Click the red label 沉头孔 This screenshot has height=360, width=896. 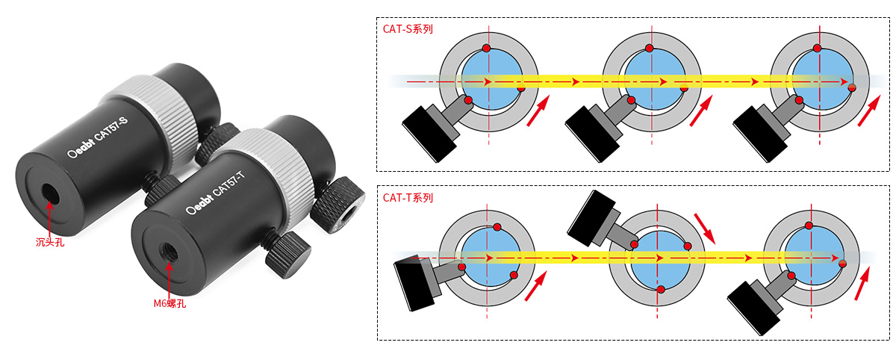(x=50, y=242)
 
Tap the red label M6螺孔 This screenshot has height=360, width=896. (x=169, y=303)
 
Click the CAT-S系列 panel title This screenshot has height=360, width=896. (x=408, y=29)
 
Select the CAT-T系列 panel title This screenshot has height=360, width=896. (x=408, y=198)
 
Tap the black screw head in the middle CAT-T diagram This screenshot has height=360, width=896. (x=591, y=218)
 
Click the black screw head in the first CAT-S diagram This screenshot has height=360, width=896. (x=429, y=134)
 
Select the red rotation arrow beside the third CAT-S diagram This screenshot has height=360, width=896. (x=869, y=111)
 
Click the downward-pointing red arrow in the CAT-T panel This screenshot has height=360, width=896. (x=704, y=229)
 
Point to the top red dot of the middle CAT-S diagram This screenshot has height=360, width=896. (x=649, y=49)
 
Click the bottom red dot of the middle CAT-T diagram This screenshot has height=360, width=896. (x=661, y=290)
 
